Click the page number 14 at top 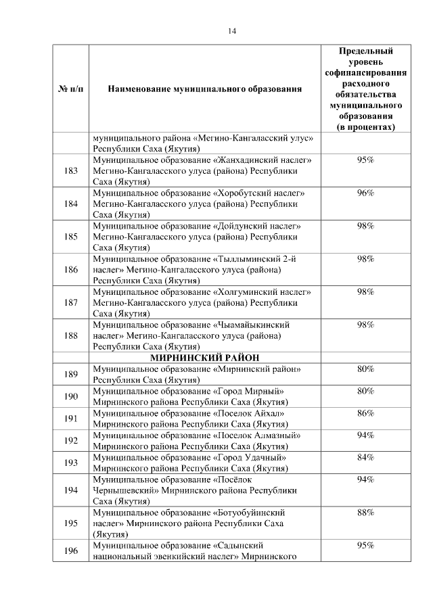coord(232,31)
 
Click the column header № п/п coord(70,89)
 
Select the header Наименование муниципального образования coord(205,89)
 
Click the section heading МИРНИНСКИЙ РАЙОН coord(205,357)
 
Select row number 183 coord(70,170)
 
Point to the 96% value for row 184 coord(365,193)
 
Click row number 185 coord(70,237)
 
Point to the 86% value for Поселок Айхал coord(365,413)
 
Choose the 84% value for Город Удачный coord(365,458)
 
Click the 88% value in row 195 coord(365,513)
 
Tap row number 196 coord(70,551)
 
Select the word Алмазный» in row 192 coord(275,436)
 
